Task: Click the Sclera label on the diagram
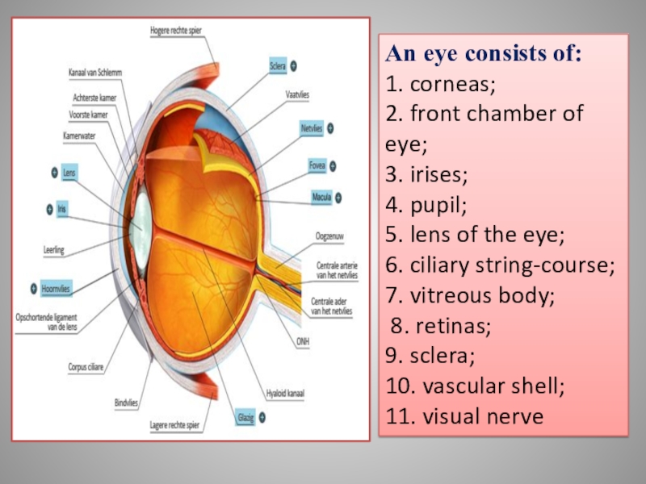click(278, 65)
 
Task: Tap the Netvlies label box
click(312, 128)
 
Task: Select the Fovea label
click(317, 166)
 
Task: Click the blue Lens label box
click(69, 172)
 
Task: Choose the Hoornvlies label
click(56, 287)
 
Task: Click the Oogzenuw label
click(331, 236)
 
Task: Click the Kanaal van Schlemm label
click(94, 73)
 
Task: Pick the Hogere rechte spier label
click(175, 31)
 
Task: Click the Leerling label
click(54, 250)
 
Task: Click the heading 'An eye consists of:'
click(483, 54)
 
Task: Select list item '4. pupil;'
click(426, 205)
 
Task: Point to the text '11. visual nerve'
click(464, 416)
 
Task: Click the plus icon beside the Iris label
click(49, 209)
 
